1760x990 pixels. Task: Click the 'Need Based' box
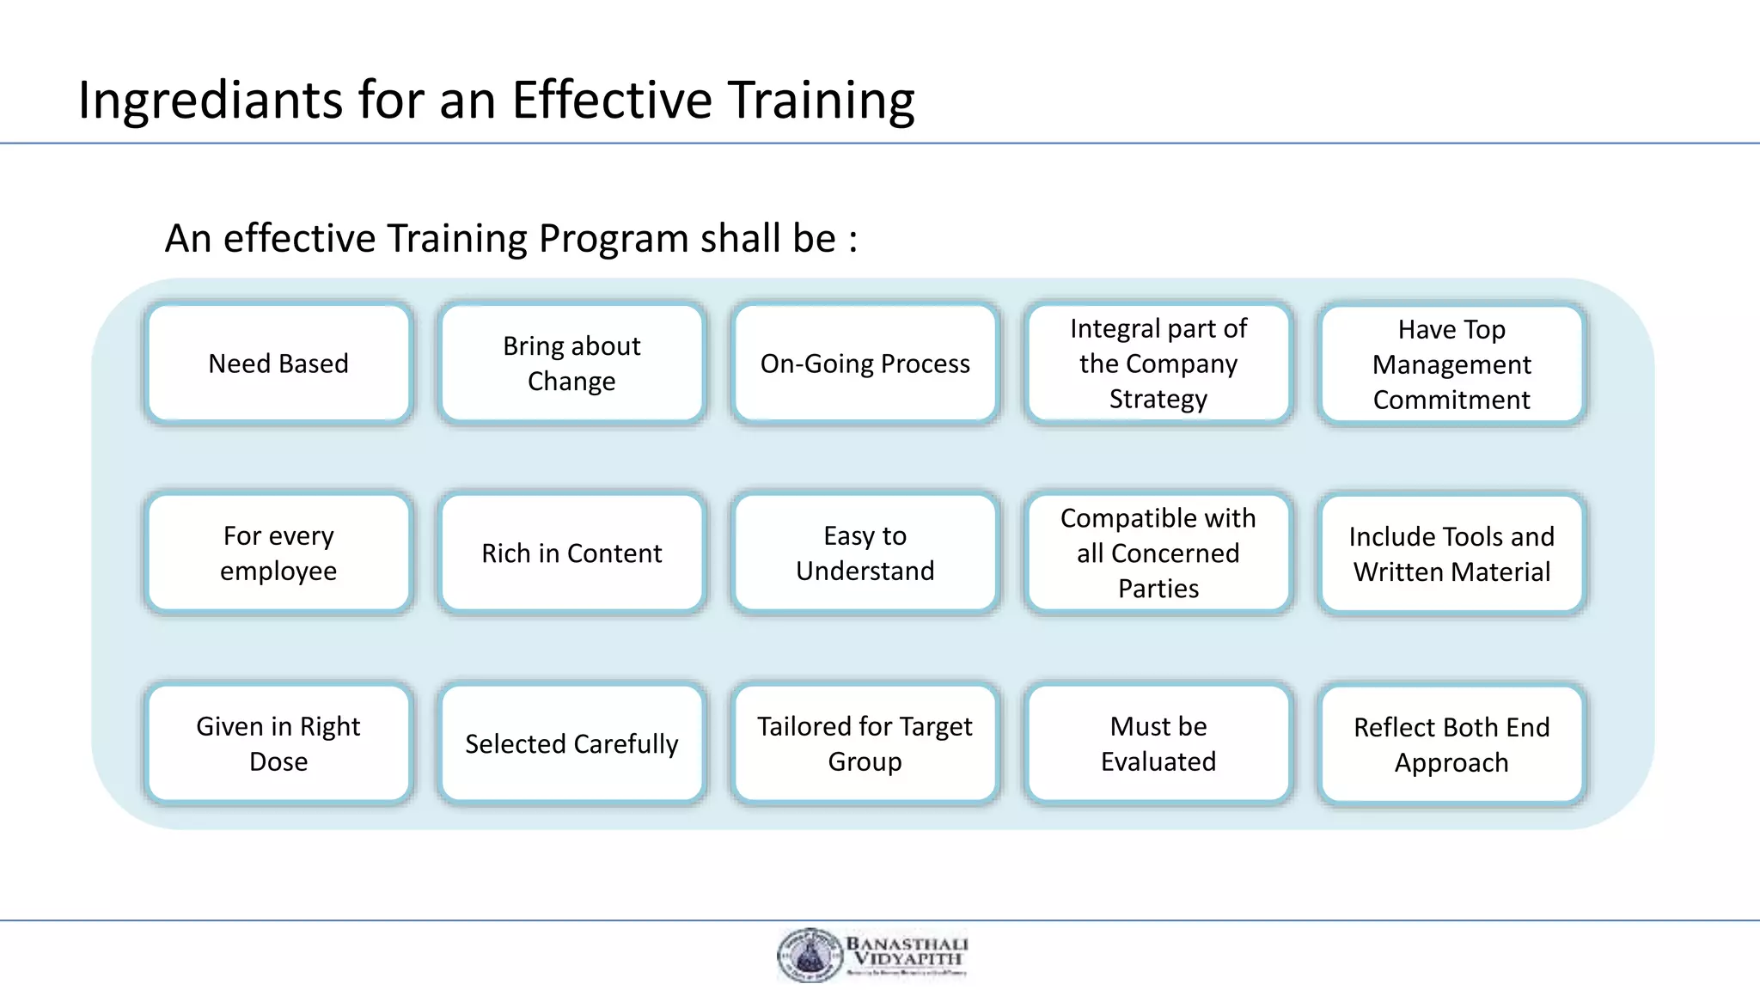(x=278, y=364)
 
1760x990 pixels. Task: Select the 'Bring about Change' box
(x=571, y=364)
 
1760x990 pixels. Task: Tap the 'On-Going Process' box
(x=865, y=364)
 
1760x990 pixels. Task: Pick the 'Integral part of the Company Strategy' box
(x=1158, y=364)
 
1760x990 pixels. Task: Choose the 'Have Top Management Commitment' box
(x=1451, y=364)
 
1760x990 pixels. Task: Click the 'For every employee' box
(x=278, y=553)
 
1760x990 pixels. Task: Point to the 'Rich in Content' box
(x=571, y=553)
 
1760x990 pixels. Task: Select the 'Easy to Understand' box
(x=865, y=553)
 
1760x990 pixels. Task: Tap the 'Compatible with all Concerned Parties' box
(x=1158, y=553)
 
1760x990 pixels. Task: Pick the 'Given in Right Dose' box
(x=278, y=744)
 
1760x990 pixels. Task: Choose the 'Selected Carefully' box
(x=571, y=744)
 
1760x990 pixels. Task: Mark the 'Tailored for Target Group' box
(x=865, y=744)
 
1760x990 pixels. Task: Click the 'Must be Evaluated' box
(x=1158, y=744)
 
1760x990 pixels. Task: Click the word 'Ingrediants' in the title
(x=211, y=101)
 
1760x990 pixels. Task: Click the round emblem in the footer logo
(x=809, y=955)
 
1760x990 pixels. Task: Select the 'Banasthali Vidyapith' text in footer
(x=907, y=951)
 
